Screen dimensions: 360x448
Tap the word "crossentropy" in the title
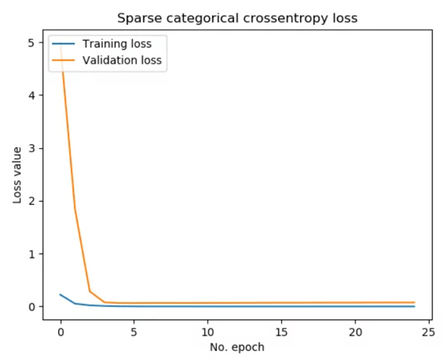click(263, 18)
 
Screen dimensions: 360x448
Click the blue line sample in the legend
click(63, 44)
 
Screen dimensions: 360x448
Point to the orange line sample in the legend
click(63, 60)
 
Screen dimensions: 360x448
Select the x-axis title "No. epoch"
click(237, 346)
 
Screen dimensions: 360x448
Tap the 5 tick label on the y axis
click(30, 43)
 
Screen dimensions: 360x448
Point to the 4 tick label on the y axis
click(30, 96)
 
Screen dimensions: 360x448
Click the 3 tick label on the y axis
click(30, 148)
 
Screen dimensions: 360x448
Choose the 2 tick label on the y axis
click(30, 201)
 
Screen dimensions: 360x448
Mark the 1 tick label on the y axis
click(30, 254)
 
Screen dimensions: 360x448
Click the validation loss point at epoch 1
click(75, 209)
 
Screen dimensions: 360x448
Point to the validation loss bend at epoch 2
click(90, 292)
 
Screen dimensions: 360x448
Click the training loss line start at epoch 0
click(60, 294)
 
